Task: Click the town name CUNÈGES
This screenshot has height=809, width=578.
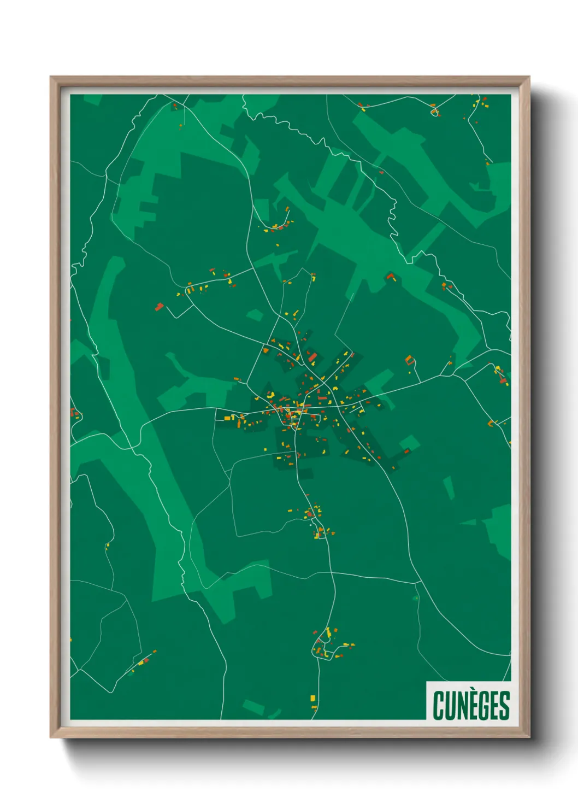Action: pos(471,705)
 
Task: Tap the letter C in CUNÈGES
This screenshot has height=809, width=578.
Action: pos(438,705)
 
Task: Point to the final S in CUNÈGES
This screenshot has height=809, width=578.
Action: pos(504,705)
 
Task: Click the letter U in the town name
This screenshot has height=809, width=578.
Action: pos(449,705)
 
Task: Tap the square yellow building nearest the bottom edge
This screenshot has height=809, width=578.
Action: pos(313,698)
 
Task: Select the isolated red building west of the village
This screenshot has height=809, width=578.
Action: pos(158,307)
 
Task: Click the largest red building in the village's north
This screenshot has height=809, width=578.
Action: pos(312,357)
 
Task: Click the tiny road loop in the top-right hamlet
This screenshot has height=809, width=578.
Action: pos(435,113)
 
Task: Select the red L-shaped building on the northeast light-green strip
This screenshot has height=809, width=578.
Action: pos(390,277)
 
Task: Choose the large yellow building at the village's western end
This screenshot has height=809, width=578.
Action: pos(228,418)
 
